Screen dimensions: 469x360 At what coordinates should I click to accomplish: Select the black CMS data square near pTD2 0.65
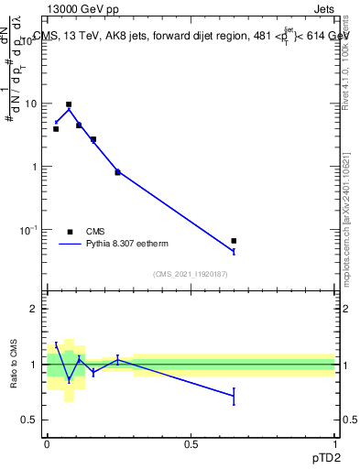[x=234, y=241]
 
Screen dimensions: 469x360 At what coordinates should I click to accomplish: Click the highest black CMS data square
[x=69, y=104]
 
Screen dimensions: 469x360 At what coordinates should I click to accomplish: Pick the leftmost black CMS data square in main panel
[x=56, y=129]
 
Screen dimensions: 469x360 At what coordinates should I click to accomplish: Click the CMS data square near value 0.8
[x=117, y=172]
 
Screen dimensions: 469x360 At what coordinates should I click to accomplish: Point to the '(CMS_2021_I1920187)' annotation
[x=191, y=273]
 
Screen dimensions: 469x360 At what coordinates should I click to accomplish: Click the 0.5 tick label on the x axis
[x=191, y=443]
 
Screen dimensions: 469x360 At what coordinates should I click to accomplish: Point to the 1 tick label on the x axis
[x=335, y=443]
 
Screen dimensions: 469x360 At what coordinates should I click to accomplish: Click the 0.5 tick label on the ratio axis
[x=30, y=420]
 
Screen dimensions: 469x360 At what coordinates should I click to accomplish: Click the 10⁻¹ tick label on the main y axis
[x=30, y=229]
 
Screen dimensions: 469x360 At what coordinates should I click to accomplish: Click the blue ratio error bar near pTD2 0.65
[x=234, y=396]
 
